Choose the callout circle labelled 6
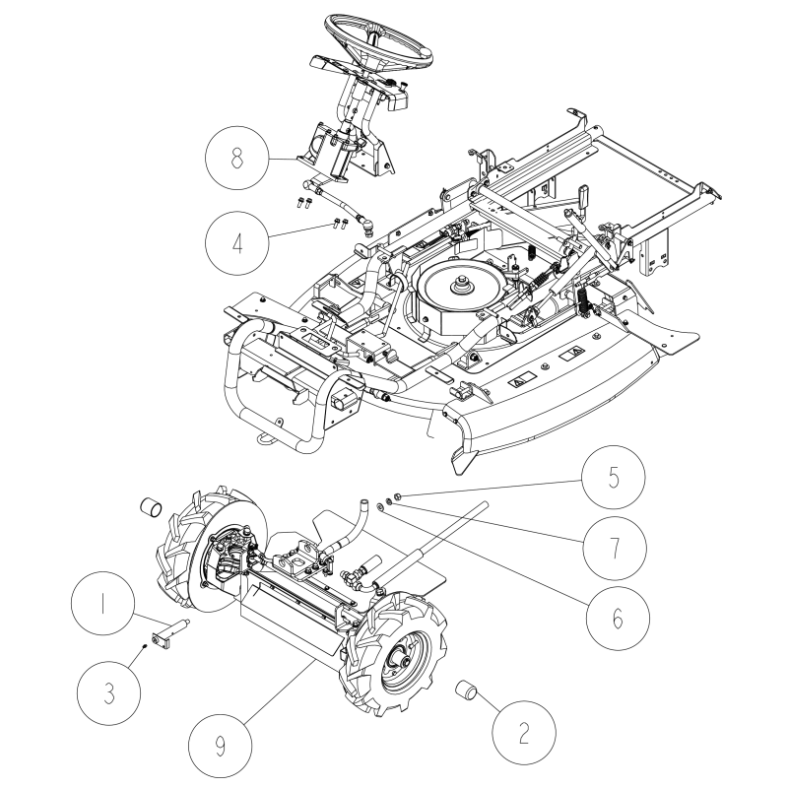tap(618, 617)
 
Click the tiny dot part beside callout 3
tap(145, 646)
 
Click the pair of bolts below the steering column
tap(303, 203)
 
